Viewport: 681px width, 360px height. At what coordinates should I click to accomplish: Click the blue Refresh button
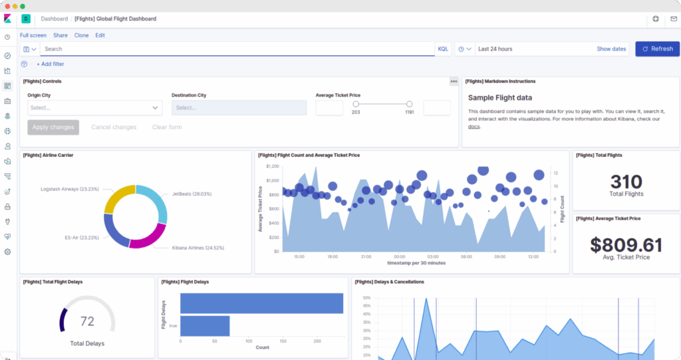tap(657, 49)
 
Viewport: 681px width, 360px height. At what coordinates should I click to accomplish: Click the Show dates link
tap(611, 49)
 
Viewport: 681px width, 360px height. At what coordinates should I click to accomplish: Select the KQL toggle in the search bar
tap(443, 49)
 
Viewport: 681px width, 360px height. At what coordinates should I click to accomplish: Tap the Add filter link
tap(51, 64)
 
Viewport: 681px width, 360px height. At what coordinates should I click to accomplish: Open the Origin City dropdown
tap(94, 108)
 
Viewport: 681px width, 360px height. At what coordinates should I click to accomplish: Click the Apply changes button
tap(53, 127)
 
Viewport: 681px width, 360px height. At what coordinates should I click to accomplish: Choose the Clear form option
tap(167, 127)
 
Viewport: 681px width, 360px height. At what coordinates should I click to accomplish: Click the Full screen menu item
tap(33, 35)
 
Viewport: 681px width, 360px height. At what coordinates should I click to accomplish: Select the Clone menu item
tap(81, 35)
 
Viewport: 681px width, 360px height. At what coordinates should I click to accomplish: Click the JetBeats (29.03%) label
tap(192, 194)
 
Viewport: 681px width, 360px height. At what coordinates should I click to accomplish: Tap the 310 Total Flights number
tap(626, 182)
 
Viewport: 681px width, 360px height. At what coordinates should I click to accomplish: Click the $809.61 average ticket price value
tap(626, 245)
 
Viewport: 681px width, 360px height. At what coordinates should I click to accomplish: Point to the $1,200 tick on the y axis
tap(273, 166)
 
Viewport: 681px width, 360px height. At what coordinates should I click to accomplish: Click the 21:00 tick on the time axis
tap(366, 256)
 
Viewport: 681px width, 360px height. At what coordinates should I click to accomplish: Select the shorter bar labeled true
tap(205, 326)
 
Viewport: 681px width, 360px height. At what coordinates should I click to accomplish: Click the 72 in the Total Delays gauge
tap(87, 321)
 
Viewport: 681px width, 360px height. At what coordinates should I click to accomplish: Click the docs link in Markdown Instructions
tap(474, 126)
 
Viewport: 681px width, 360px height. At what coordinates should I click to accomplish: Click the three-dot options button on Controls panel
tap(454, 81)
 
